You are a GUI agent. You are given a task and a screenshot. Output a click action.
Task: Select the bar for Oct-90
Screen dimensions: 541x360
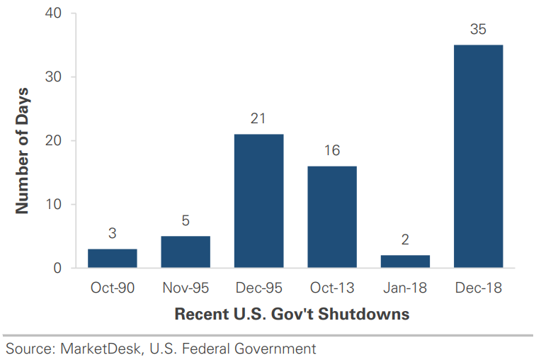click(x=113, y=258)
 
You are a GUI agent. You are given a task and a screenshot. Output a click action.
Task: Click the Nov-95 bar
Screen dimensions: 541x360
click(x=186, y=252)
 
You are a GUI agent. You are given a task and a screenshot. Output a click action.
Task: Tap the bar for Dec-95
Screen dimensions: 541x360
click(x=258, y=201)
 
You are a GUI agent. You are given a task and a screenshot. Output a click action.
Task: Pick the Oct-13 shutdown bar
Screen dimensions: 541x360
click(x=332, y=217)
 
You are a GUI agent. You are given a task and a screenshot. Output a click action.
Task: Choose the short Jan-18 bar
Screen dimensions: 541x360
click(x=406, y=261)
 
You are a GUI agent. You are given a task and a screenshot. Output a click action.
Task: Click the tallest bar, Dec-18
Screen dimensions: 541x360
click(x=479, y=157)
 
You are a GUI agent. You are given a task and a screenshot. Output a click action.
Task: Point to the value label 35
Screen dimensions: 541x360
click(x=478, y=29)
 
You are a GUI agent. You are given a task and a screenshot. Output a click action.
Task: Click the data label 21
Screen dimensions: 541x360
click(x=258, y=118)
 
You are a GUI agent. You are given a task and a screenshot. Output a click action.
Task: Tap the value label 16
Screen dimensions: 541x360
click(x=332, y=150)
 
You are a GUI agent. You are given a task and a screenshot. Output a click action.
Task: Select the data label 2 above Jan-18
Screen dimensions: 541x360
click(x=405, y=240)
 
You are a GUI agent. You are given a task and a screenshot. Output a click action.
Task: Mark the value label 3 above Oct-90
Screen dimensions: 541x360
click(x=112, y=233)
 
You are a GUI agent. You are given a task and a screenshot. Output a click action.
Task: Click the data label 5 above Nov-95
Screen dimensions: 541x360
click(x=186, y=220)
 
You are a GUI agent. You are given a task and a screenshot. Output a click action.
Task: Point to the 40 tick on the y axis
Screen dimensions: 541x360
click(x=53, y=13)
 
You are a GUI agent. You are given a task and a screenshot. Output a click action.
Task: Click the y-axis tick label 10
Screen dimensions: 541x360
click(x=53, y=204)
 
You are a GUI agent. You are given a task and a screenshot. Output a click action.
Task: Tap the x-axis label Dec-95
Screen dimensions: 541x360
click(x=258, y=288)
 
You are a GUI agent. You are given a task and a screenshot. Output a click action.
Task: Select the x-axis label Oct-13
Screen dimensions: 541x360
click(x=332, y=288)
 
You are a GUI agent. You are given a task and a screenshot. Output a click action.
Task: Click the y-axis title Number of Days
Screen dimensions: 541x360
click(x=22, y=151)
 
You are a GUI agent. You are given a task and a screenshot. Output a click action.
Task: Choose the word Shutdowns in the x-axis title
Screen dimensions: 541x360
click(x=364, y=314)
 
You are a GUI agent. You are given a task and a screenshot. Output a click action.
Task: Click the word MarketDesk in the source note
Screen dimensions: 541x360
click(x=101, y=349)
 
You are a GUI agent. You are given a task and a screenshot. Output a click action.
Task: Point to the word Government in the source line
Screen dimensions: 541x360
click(x=275, y=349)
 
